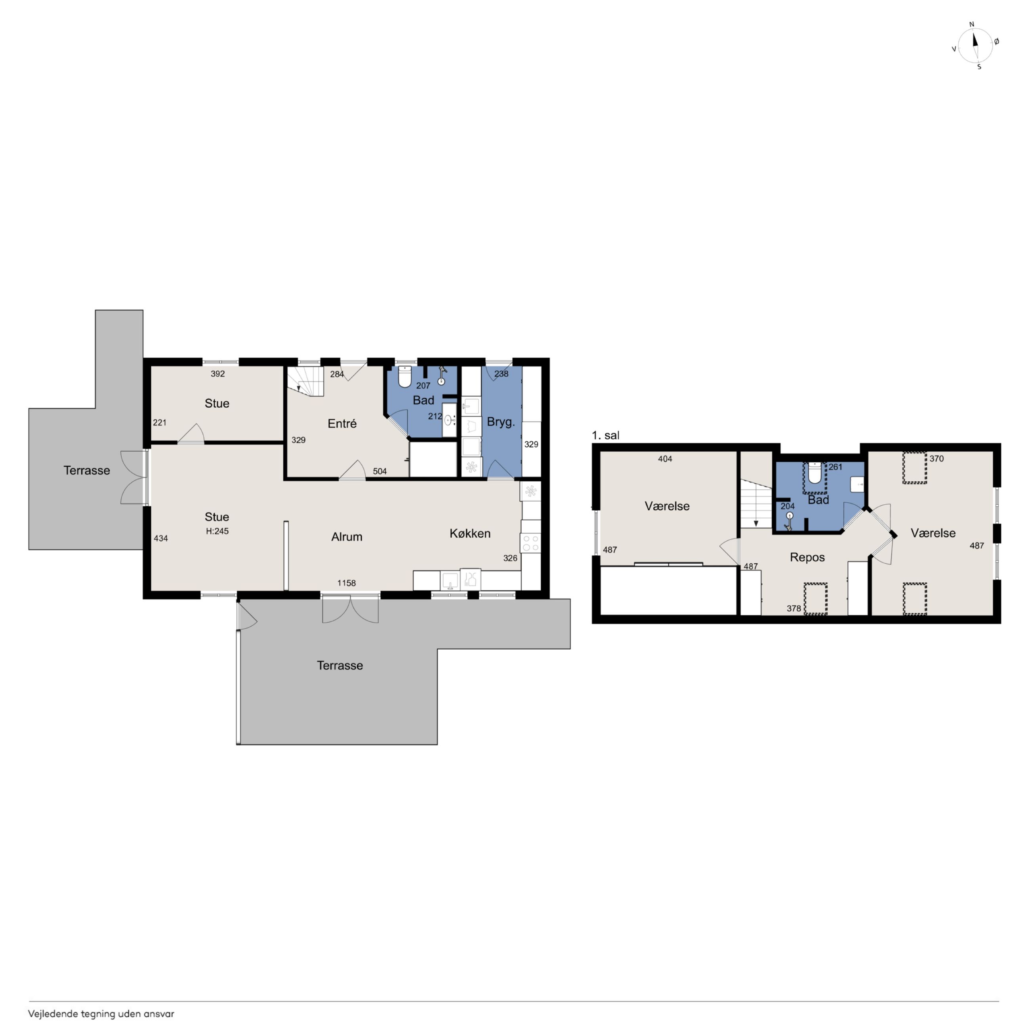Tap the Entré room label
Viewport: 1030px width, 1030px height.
pyautogui.click(x=342, y=423)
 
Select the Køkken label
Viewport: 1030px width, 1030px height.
pyautogui.click(x=470, y=533)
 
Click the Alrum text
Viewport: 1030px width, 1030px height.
pyautogui.click(x=347, y=536)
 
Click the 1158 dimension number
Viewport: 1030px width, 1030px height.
pyautogui.click(x=347, y=583)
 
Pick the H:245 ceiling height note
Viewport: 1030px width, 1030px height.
pyautogui.click(x=217, y=531)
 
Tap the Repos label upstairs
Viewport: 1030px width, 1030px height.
pyautogui.click(x=807, y=557)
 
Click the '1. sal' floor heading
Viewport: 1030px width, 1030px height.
pyautogui.click(x=606, y=435)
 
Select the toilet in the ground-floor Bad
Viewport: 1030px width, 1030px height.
pyautogui.click(x=405, y=376)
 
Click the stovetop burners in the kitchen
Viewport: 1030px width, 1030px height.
pyautogui.click(x=530, y=543)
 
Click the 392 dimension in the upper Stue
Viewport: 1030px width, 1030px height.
pyautogui.click(x=217, y=374)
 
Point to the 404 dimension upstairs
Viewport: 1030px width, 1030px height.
pyautogui.click(x=665, y=458)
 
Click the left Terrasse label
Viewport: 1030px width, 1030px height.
pyautogui.click(x=87, y=470)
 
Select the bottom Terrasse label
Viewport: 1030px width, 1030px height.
pyautogui.click(x=340, y=666)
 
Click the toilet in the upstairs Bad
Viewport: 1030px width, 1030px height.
pyautogui.click(x=814, y=473)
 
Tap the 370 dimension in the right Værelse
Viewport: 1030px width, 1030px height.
pyautogui.click(x=937, y=458)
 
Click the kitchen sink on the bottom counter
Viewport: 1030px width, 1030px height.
pyautogui.click(x=450, y=580)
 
